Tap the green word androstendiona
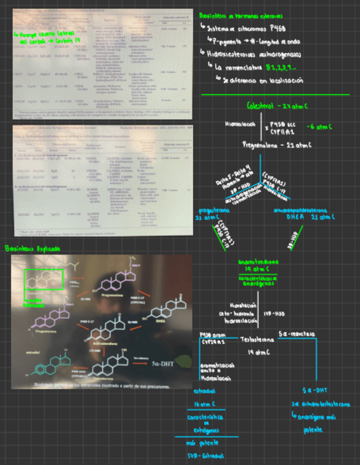point(257,262)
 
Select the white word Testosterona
point(257,340)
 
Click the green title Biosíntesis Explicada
point(32,248)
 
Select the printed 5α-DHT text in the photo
point(163,368)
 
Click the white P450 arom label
point(212,334)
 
